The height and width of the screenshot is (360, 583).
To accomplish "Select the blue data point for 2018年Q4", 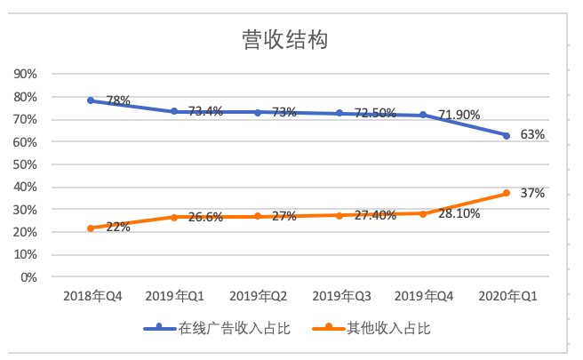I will pos(91,100).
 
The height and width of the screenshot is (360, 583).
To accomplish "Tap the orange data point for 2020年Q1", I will pos(506,193).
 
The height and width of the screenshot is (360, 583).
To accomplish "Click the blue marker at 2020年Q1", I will pos(506,135).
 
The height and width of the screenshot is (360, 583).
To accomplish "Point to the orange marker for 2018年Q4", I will pos(91,228).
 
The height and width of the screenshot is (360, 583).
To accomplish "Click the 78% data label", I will pos(118,101).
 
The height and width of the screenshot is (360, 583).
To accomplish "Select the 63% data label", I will pos(532,135).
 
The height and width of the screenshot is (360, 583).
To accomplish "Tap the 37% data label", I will pos(532,193).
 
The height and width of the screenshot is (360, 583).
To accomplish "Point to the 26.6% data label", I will pos(204,217).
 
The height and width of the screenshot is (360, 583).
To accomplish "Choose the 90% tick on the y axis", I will pos(26,74).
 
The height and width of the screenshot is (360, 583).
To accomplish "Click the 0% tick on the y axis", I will pos(29,276).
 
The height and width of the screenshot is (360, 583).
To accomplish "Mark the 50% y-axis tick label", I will pos(26,164).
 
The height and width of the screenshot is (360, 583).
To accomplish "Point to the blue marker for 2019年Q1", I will pos(174,111).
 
